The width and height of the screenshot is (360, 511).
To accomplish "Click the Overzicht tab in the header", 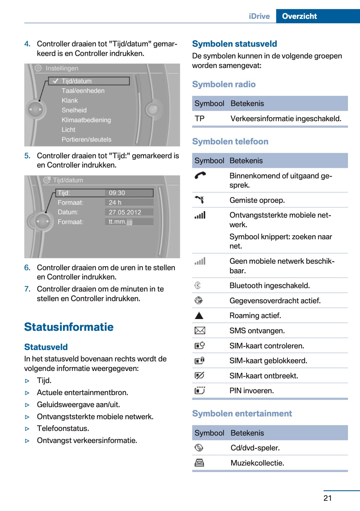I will coord(299,16).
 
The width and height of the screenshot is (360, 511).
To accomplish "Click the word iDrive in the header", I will coord(259,16).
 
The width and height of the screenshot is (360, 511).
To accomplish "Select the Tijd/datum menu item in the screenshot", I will coord(76,81).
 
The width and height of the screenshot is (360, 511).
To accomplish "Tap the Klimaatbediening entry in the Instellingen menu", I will coord(86,120).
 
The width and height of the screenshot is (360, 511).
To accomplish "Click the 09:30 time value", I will coord(117,193).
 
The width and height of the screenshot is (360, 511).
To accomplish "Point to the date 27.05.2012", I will coord(125,212).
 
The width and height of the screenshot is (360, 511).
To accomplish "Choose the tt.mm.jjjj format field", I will coord(121,222).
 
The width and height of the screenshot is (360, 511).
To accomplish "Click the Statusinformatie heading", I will coord(69,327).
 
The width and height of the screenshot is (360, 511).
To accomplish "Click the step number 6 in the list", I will coord(27,268).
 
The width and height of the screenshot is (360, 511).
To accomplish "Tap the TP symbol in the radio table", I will coord(200,119).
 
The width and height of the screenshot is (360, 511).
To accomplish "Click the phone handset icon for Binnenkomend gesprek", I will coord(200,176).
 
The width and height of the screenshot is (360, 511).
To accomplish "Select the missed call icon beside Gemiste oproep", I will coord(200,200).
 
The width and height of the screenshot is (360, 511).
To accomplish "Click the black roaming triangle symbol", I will coord(199,316).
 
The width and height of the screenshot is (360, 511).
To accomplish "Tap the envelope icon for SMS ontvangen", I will coord(200,331).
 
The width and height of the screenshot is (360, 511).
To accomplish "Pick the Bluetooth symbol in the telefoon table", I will coord(198,285).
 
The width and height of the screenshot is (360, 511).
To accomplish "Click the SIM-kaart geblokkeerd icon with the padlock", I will coord(200,360).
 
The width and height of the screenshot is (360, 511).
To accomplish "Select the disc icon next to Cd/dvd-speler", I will coord(199,448).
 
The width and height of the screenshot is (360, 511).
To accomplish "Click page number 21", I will coord(328,498).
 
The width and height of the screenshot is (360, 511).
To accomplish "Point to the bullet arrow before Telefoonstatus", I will coord(27,429).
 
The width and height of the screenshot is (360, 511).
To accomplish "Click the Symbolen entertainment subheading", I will coord(242,413).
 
